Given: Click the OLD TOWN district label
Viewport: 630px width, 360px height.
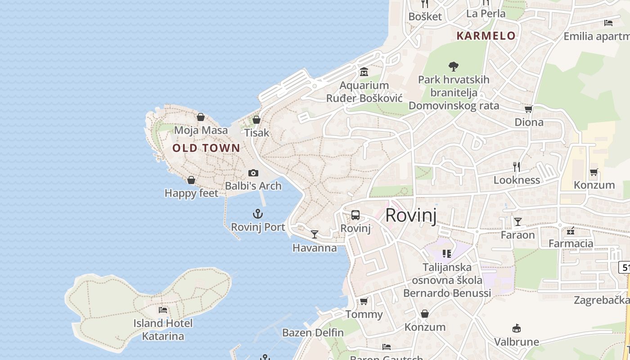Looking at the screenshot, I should tap(206, 148).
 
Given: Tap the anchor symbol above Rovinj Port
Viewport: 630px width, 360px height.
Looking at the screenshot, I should tap(258, 214).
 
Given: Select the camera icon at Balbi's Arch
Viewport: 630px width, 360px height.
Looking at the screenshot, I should tap(253, 173).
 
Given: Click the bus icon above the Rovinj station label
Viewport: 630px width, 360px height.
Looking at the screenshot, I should tap(355, 215).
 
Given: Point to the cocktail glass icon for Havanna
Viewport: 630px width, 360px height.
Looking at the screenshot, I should tap(315, 234).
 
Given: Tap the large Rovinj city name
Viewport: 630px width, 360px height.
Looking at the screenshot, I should tap(411, 215).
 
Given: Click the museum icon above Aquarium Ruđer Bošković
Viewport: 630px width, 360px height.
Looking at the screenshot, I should tap(364, 72).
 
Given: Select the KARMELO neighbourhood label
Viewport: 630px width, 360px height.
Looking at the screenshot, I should tap(486, 36).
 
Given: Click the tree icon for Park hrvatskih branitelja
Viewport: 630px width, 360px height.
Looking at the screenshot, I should tap(454, 67).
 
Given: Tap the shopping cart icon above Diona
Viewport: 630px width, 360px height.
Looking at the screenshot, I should tap(529, 109).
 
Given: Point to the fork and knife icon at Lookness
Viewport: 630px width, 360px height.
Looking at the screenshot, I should tap(517, 167).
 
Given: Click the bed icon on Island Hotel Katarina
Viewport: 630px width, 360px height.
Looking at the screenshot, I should tap(163, 310).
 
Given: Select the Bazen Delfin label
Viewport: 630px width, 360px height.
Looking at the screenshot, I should tap(313, 333).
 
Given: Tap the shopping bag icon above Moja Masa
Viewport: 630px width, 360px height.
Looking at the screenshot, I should tap(201, 117).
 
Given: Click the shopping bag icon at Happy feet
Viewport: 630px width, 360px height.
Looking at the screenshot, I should tap(191, 180).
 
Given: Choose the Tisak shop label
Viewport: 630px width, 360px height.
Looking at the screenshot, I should tap(256, 133).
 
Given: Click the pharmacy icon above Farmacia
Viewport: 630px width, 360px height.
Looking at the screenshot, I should tap(571, 231).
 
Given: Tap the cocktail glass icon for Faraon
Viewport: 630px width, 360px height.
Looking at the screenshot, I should tap(518, 222).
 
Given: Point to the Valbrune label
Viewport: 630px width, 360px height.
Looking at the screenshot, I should tap(517, 342).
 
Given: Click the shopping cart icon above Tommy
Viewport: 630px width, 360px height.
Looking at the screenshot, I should tap(364, 301).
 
